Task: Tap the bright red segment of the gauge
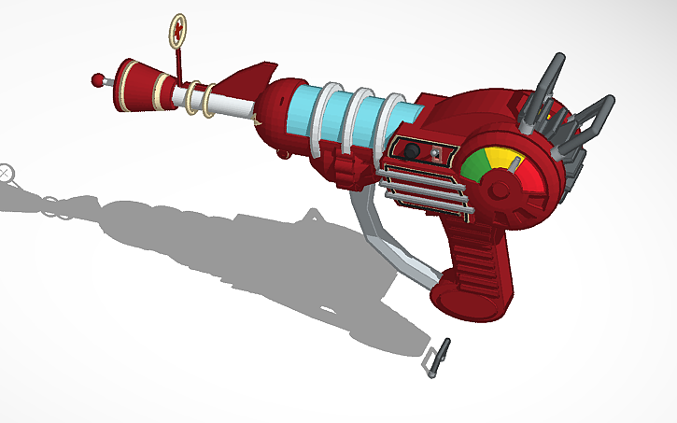(x=529, y=172)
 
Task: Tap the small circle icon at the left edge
(x=7, y=171)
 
